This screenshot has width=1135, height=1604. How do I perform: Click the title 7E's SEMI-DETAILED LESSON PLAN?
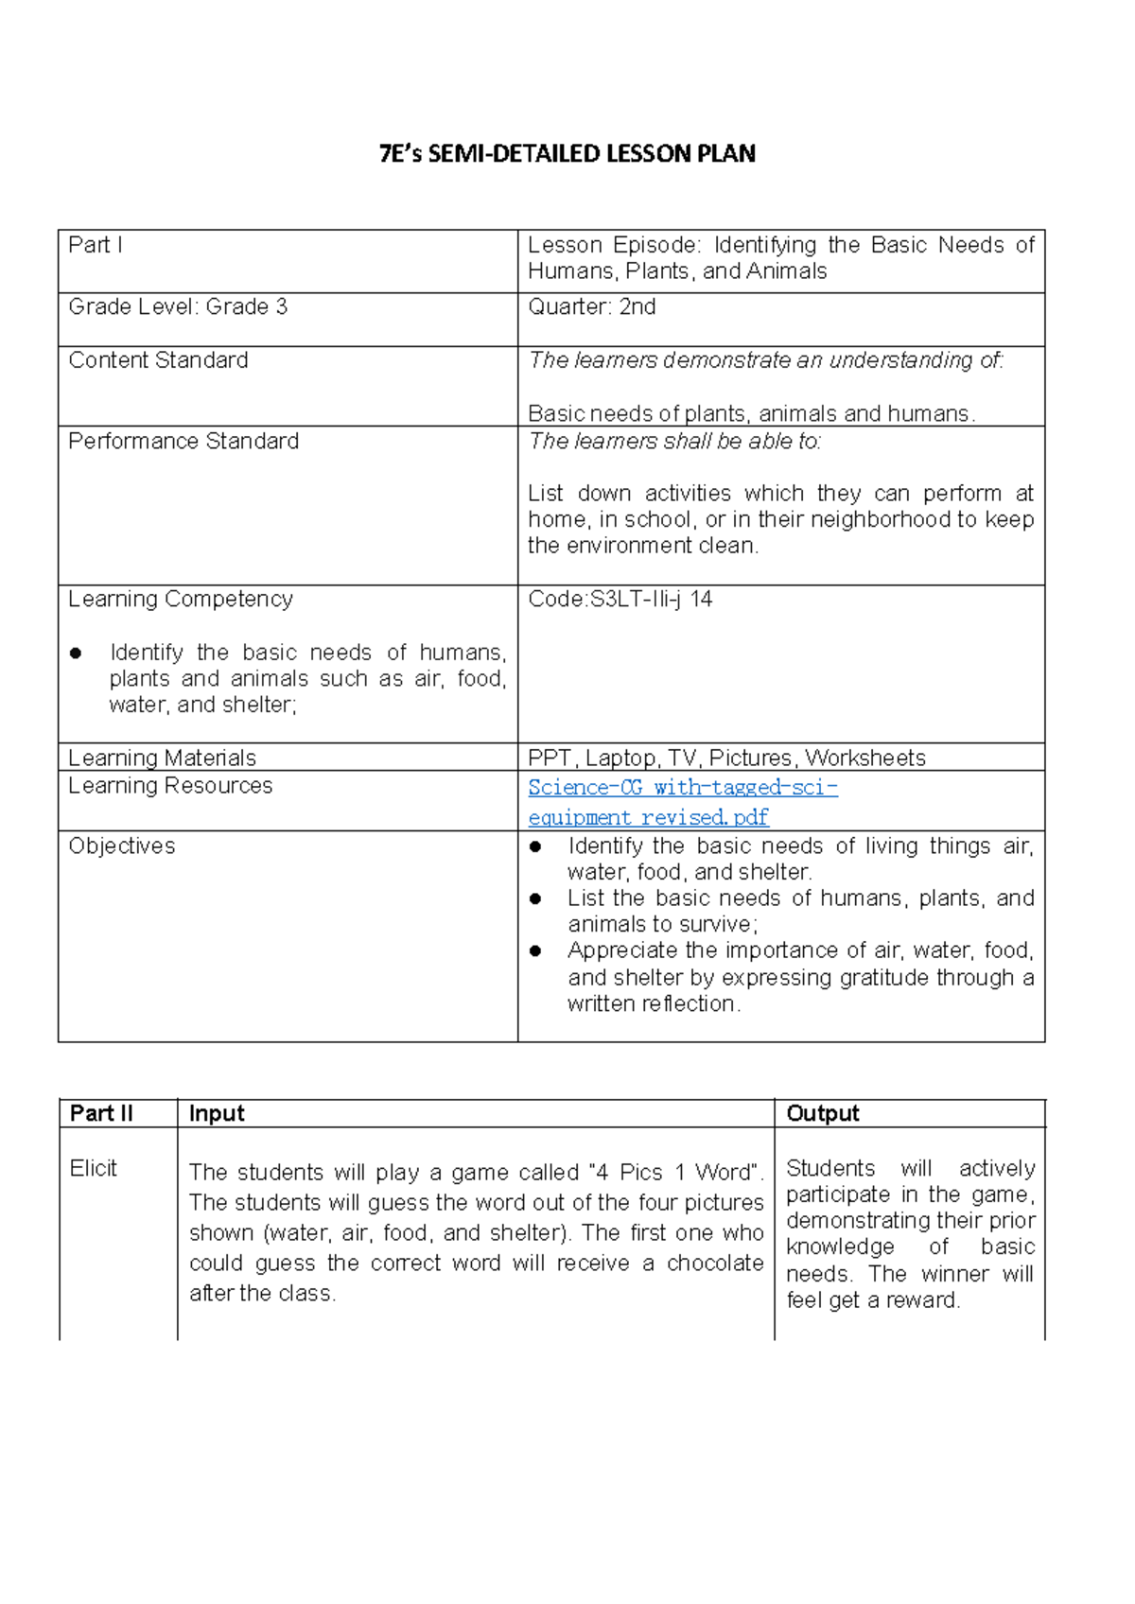pos(567,154)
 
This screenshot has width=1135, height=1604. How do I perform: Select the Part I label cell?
pos(96,245)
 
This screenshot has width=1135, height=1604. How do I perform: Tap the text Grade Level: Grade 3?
pos(178,306)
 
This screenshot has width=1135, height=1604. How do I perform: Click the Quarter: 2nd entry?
pos(591,306)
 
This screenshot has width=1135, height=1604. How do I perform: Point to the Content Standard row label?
pos(158,360)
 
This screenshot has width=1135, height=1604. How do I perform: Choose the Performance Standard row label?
pos(183,441)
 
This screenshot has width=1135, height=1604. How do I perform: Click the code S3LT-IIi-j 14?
pos(620,599)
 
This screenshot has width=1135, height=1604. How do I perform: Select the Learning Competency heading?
pos(181,599)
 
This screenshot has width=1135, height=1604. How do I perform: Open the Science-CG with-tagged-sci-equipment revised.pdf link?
pos(681,801)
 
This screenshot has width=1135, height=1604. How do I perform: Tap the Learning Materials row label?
pos(162,758)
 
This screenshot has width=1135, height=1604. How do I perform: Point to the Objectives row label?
pos(122,846)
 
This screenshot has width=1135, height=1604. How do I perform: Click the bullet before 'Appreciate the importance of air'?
pos(535,950)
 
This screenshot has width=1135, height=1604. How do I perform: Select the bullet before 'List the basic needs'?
pos(535,898)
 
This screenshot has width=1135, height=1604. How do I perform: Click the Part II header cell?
pos(101,1113)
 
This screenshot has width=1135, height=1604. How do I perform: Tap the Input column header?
pos(217,1113)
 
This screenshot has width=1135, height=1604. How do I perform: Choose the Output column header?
pos(822,1113)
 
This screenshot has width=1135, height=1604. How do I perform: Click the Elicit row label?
pos(94,1168)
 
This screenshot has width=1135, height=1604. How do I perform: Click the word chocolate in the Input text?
pos(714,1263)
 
